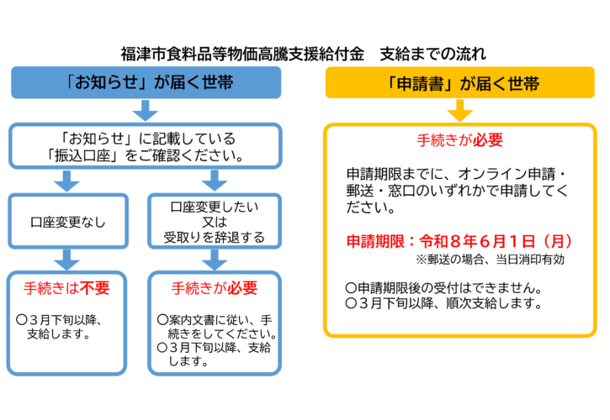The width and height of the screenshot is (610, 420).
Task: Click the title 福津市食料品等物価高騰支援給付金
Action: pyautogui.click(x=244, y=55)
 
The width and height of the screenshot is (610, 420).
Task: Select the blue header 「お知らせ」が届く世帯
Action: pyautogui.click(x=146, y=83)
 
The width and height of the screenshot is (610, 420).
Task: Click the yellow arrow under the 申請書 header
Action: pyautogui.click(x=460, y=110)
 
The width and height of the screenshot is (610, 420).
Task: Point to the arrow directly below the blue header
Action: pyautogui.click(x=146, y=110)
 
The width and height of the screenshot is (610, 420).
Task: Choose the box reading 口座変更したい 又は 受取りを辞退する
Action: pyautogui.click(x=214, y=222)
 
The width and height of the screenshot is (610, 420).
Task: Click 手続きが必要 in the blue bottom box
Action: pyautogui.click(x=215, y=287)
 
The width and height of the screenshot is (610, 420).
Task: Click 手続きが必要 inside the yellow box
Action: pyautogui.click(x=460, y=139)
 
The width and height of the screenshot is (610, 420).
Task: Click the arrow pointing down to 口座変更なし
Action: pyautogui.click(x=67, y=180)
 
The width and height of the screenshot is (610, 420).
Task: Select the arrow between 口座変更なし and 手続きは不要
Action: pyautogui.click(x=67, y=258)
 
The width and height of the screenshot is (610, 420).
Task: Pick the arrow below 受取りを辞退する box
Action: pyautogui.click(x=215, y=258)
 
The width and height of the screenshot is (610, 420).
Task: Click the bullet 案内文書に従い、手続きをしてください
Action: pyautogui.click(x=217, y=327)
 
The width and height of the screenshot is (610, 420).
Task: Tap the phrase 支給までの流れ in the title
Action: pyautogui.click(x=432, y=55)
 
